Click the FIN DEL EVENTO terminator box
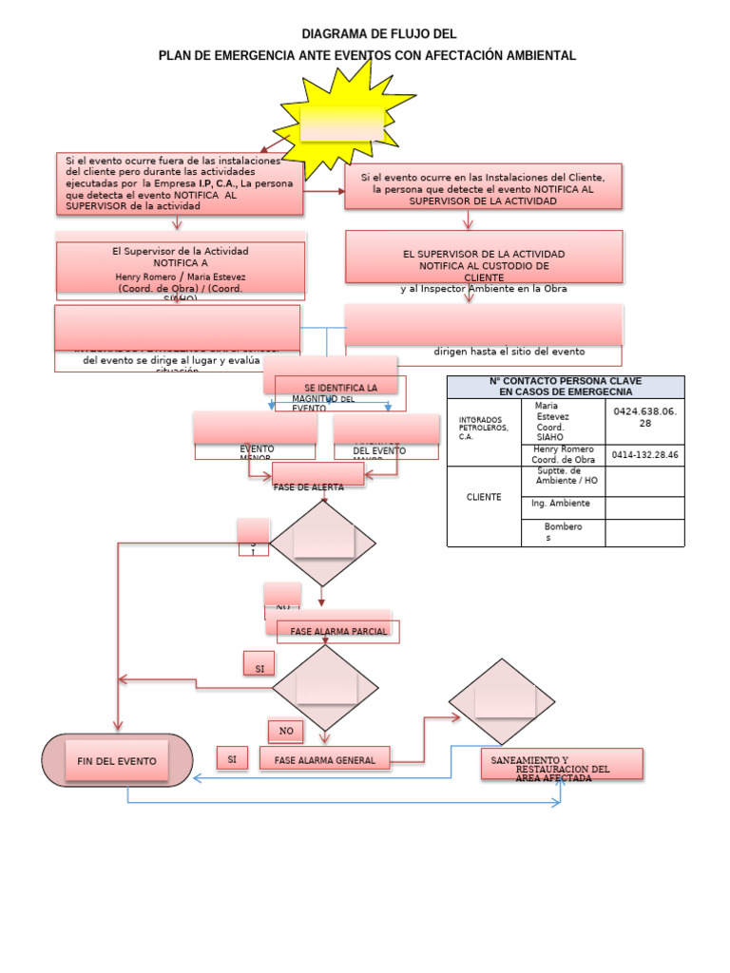[117, 761]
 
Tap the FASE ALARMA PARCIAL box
[332, 632]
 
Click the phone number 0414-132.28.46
[644, 455]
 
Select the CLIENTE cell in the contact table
[484, 497]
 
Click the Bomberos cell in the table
[563, 532]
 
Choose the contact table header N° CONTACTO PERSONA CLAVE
[565, 386]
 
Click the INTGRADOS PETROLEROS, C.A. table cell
[484, 428]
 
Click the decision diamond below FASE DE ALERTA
[323, 544]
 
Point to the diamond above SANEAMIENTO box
[504, 701]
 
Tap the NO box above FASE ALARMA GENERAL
[285, 731]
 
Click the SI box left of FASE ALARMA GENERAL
[231, 759]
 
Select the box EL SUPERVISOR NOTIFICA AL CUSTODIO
[484, 260]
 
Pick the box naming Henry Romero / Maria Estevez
[180, 273]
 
